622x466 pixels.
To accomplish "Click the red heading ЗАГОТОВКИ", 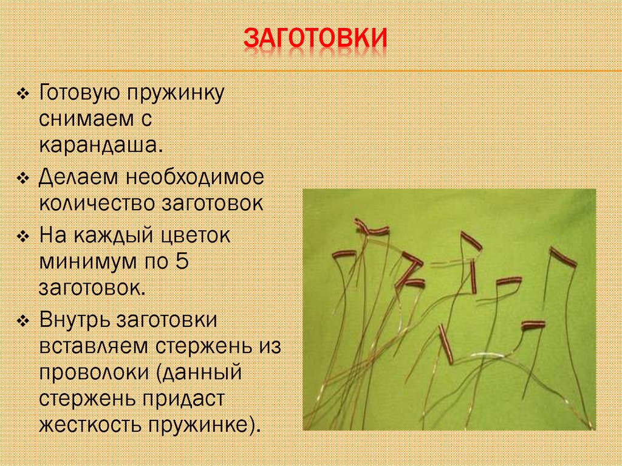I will point(315,38).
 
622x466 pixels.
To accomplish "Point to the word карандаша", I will point(100,145).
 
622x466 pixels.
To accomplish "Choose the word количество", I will point(97,203).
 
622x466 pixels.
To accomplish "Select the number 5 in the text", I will point(181,261).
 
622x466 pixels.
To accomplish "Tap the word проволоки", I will point(94,372).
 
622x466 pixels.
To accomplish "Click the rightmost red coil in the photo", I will point(562,256).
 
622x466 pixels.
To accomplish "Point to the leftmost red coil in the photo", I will point(343,255).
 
